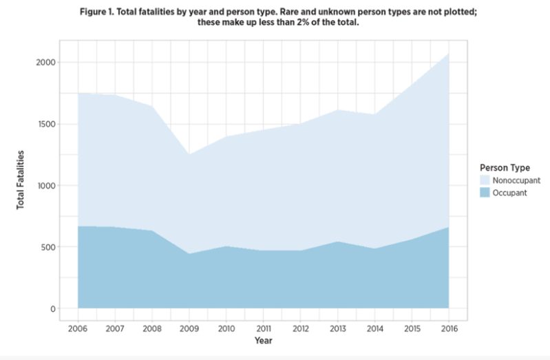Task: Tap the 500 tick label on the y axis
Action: (49, 247)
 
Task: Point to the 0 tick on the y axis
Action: (53, 308)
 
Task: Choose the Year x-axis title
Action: (263, 341)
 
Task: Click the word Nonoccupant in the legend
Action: (516, 180)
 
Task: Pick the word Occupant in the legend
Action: (511, 193)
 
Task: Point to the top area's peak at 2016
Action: (448, 53)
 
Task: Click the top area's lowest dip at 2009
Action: (189, 154)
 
